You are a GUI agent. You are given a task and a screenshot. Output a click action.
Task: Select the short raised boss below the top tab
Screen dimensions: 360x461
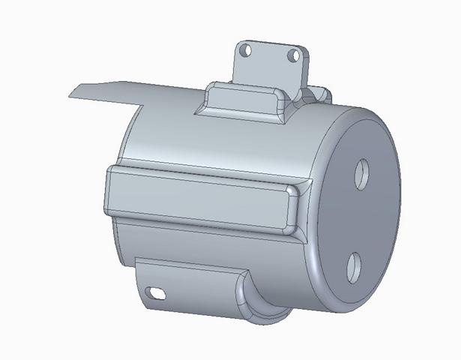click(240, 99)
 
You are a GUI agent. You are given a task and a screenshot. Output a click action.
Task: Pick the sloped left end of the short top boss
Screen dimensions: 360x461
click(204, 101)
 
